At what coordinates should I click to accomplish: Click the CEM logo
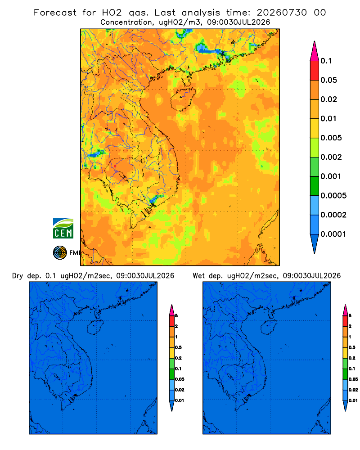[x=63, y=229]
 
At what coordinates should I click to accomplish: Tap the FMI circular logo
[x=60, y=252]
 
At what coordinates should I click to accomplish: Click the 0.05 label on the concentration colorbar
[x=328, y=80]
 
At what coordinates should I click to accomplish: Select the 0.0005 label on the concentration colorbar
[x=333, y=195]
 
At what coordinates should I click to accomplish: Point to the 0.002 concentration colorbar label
[x=331, y=157]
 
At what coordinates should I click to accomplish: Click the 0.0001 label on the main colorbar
[x=333, y=234]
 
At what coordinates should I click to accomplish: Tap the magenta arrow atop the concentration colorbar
[x=315, y=51]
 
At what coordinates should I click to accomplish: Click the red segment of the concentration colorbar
[x=315, y=71]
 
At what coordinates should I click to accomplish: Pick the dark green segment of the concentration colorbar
[x=315, y=186]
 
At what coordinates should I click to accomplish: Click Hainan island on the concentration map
[x=183, y=99]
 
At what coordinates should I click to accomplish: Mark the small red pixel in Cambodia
[x=115, y=166]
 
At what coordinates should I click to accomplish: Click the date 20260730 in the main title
[x=282, y=13]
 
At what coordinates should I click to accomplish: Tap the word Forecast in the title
[x=55, y=13]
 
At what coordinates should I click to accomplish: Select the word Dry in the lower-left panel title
[x=18, y=276]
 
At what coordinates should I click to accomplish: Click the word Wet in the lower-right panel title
[x=198, y=276]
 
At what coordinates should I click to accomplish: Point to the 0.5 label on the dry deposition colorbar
[x=178, y=347]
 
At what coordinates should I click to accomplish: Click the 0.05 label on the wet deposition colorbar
[x=353, y=379]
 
